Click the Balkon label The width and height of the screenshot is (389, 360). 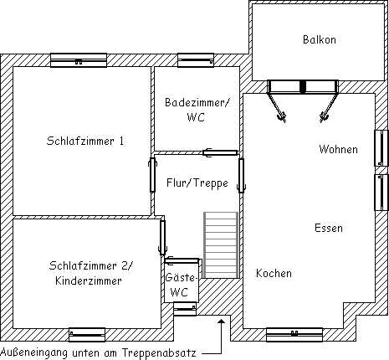[x=320, y=39]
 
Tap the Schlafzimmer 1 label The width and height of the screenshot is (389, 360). [x=85, y=141]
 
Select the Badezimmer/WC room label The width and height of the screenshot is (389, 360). [x=197, y=110]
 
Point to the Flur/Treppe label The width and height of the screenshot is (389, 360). [x=197, y=183]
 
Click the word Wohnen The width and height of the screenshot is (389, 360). [x=338, y=149]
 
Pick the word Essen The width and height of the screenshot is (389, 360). [x=329, y=228]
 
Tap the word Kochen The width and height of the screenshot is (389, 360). [x=274, y=273]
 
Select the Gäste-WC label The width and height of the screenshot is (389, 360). [x=182, y=285]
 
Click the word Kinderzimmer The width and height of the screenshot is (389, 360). [x=89, y=280]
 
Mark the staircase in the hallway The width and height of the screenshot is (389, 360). [x=221, y=245]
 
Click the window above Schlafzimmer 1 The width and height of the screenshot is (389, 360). [x=79, y=60]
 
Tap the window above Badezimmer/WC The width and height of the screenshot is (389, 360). [x=196, y=60]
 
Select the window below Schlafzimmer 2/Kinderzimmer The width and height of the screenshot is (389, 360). [x=87, y=335]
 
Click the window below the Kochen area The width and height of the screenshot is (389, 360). [x=294, y=335]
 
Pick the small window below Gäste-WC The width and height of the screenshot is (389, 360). [x=185, y=309]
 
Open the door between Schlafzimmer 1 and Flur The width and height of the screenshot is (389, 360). [x=152, y=175]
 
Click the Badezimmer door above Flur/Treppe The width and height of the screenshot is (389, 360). [x=220, y=152]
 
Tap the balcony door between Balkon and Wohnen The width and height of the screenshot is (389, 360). [x=303, y=100]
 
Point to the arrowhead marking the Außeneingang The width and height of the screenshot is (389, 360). [x=222, y=321]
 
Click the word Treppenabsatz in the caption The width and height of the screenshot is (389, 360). [x=159, y=353]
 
